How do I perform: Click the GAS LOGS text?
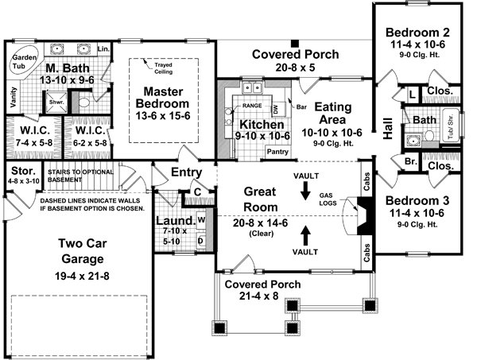[x=349, y=199]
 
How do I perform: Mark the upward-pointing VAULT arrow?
[x=306, y=234]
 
